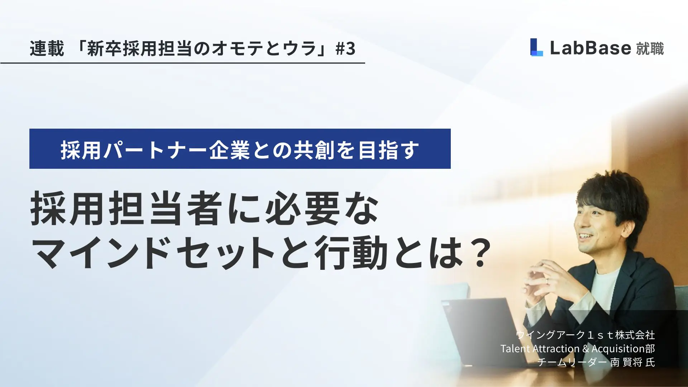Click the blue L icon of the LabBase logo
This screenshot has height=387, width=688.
click(536, 47)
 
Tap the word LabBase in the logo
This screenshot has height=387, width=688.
click(590, 48)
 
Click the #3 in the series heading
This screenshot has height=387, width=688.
click(345, 48)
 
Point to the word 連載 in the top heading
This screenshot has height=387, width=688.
click(47, 48)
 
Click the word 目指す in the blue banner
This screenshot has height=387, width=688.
click(389, 150)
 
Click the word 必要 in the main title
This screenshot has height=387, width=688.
click(303, 208)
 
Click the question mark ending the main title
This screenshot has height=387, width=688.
click(479, 252)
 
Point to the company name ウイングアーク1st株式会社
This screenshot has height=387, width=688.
click(586, 335)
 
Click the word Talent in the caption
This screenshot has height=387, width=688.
click(515, 348)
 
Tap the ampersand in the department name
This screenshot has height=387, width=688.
click(586, 349)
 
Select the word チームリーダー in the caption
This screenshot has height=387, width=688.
click(572, 362)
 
